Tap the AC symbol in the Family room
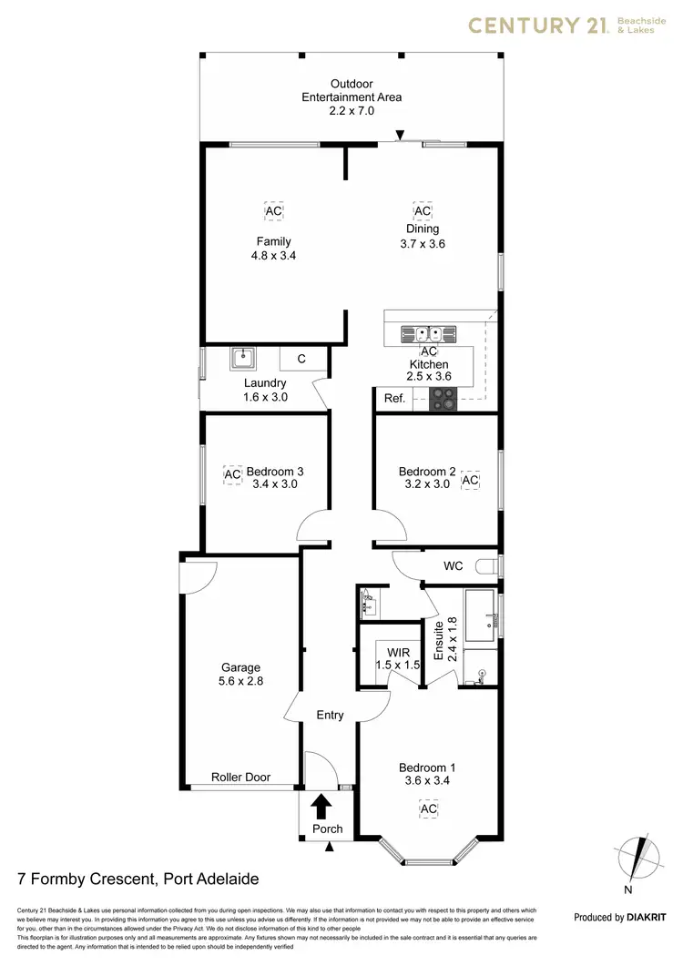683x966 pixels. (x=273, y=211)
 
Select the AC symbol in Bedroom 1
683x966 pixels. (x=428, y=808)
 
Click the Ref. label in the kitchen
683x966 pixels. (x=393, y=399)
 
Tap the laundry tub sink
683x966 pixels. (x=243, y=358)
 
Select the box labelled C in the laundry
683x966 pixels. (x=301, y=359)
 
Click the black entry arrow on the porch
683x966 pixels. (x=321, y=806)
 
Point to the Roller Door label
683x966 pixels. (x=241, y=778)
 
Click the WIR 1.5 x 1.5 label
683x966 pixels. (x=399, y=659)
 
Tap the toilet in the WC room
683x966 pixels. (x=493, y=566)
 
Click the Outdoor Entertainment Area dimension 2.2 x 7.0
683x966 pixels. (x=352, y=110)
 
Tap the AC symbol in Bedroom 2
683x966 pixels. (x=470, y=480)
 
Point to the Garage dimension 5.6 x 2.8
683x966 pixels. (x=240, y=680)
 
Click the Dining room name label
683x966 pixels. (x=423, y=229)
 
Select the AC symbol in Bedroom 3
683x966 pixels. (x=232, y=474)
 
